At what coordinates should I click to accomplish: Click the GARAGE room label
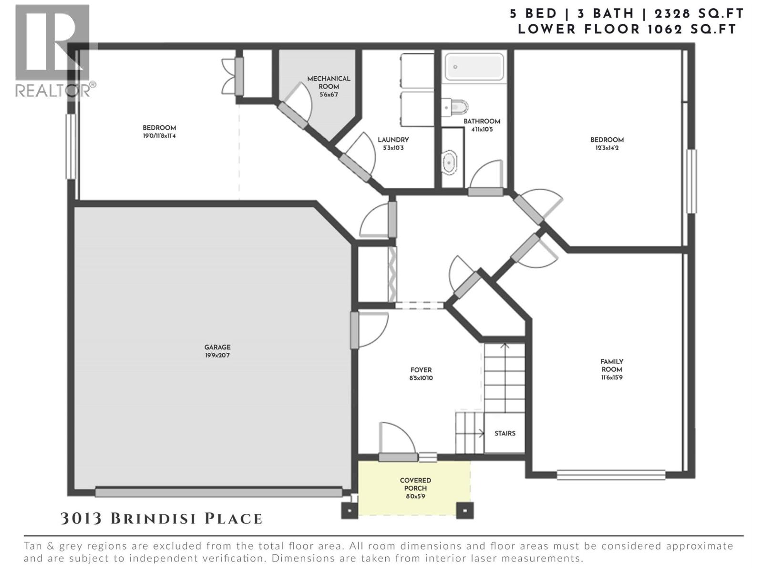coord(217,347)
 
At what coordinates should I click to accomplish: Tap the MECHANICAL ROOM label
coord(329,82)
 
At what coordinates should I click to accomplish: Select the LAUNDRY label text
coord(393,140)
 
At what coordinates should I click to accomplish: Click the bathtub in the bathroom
coord(474,67)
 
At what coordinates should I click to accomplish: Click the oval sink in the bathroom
coord(450,163)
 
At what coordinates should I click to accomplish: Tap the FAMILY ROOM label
coord(612,366)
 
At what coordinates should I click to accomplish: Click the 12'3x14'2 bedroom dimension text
coord(607,148)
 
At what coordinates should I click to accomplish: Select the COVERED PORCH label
coord(415,484)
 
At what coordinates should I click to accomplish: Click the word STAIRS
coord(505,433)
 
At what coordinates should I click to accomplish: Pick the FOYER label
coord(421,370)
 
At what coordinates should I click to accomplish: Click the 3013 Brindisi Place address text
coord(162,519)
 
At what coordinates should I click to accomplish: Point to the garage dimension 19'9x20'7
coord(217,356)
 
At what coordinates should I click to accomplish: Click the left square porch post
coord(350,511)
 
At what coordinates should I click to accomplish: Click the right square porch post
coord(464,511)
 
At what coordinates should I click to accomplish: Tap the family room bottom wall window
coord(611,475)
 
